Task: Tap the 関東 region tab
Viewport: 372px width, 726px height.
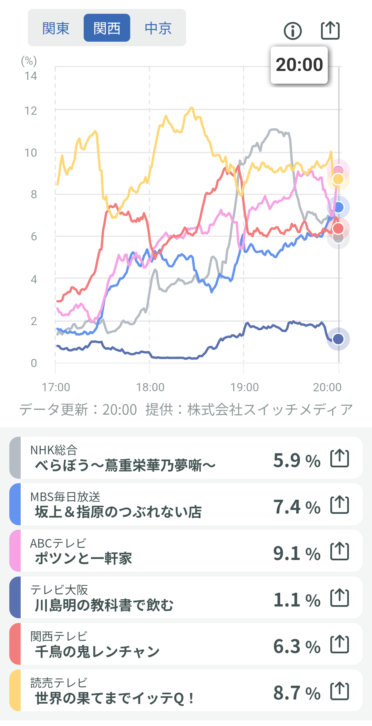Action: (56, 28)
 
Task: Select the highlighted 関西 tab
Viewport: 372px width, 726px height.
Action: (107, 28)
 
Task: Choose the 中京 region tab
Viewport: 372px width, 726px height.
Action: (158, 28)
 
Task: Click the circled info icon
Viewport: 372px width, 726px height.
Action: (293, 31)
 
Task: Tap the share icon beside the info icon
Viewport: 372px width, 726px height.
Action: (330, 30)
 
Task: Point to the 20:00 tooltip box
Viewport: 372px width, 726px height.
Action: (299, 65)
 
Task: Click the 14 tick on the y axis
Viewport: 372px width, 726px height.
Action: (31, 76)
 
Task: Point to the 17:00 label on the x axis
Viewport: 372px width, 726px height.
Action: (56, 387)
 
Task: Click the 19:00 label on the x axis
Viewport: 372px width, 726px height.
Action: (245, 387)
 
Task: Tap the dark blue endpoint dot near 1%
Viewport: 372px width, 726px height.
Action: (338, 339)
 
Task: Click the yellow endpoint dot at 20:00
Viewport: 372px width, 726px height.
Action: (338, 179)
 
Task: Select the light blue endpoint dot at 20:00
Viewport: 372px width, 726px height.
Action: (339, 207)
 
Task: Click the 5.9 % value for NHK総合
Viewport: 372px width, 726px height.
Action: (297, 460)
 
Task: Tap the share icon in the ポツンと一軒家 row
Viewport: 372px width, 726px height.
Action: (340, 551)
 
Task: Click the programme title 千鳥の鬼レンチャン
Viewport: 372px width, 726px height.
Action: (97, 652)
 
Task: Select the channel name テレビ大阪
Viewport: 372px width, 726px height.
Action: (59, 590)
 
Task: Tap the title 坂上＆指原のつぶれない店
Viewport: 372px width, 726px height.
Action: (118, 512)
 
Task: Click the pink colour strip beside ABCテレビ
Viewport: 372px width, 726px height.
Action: (15, 551)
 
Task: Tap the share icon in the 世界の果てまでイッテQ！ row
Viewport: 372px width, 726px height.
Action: (340, 691)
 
